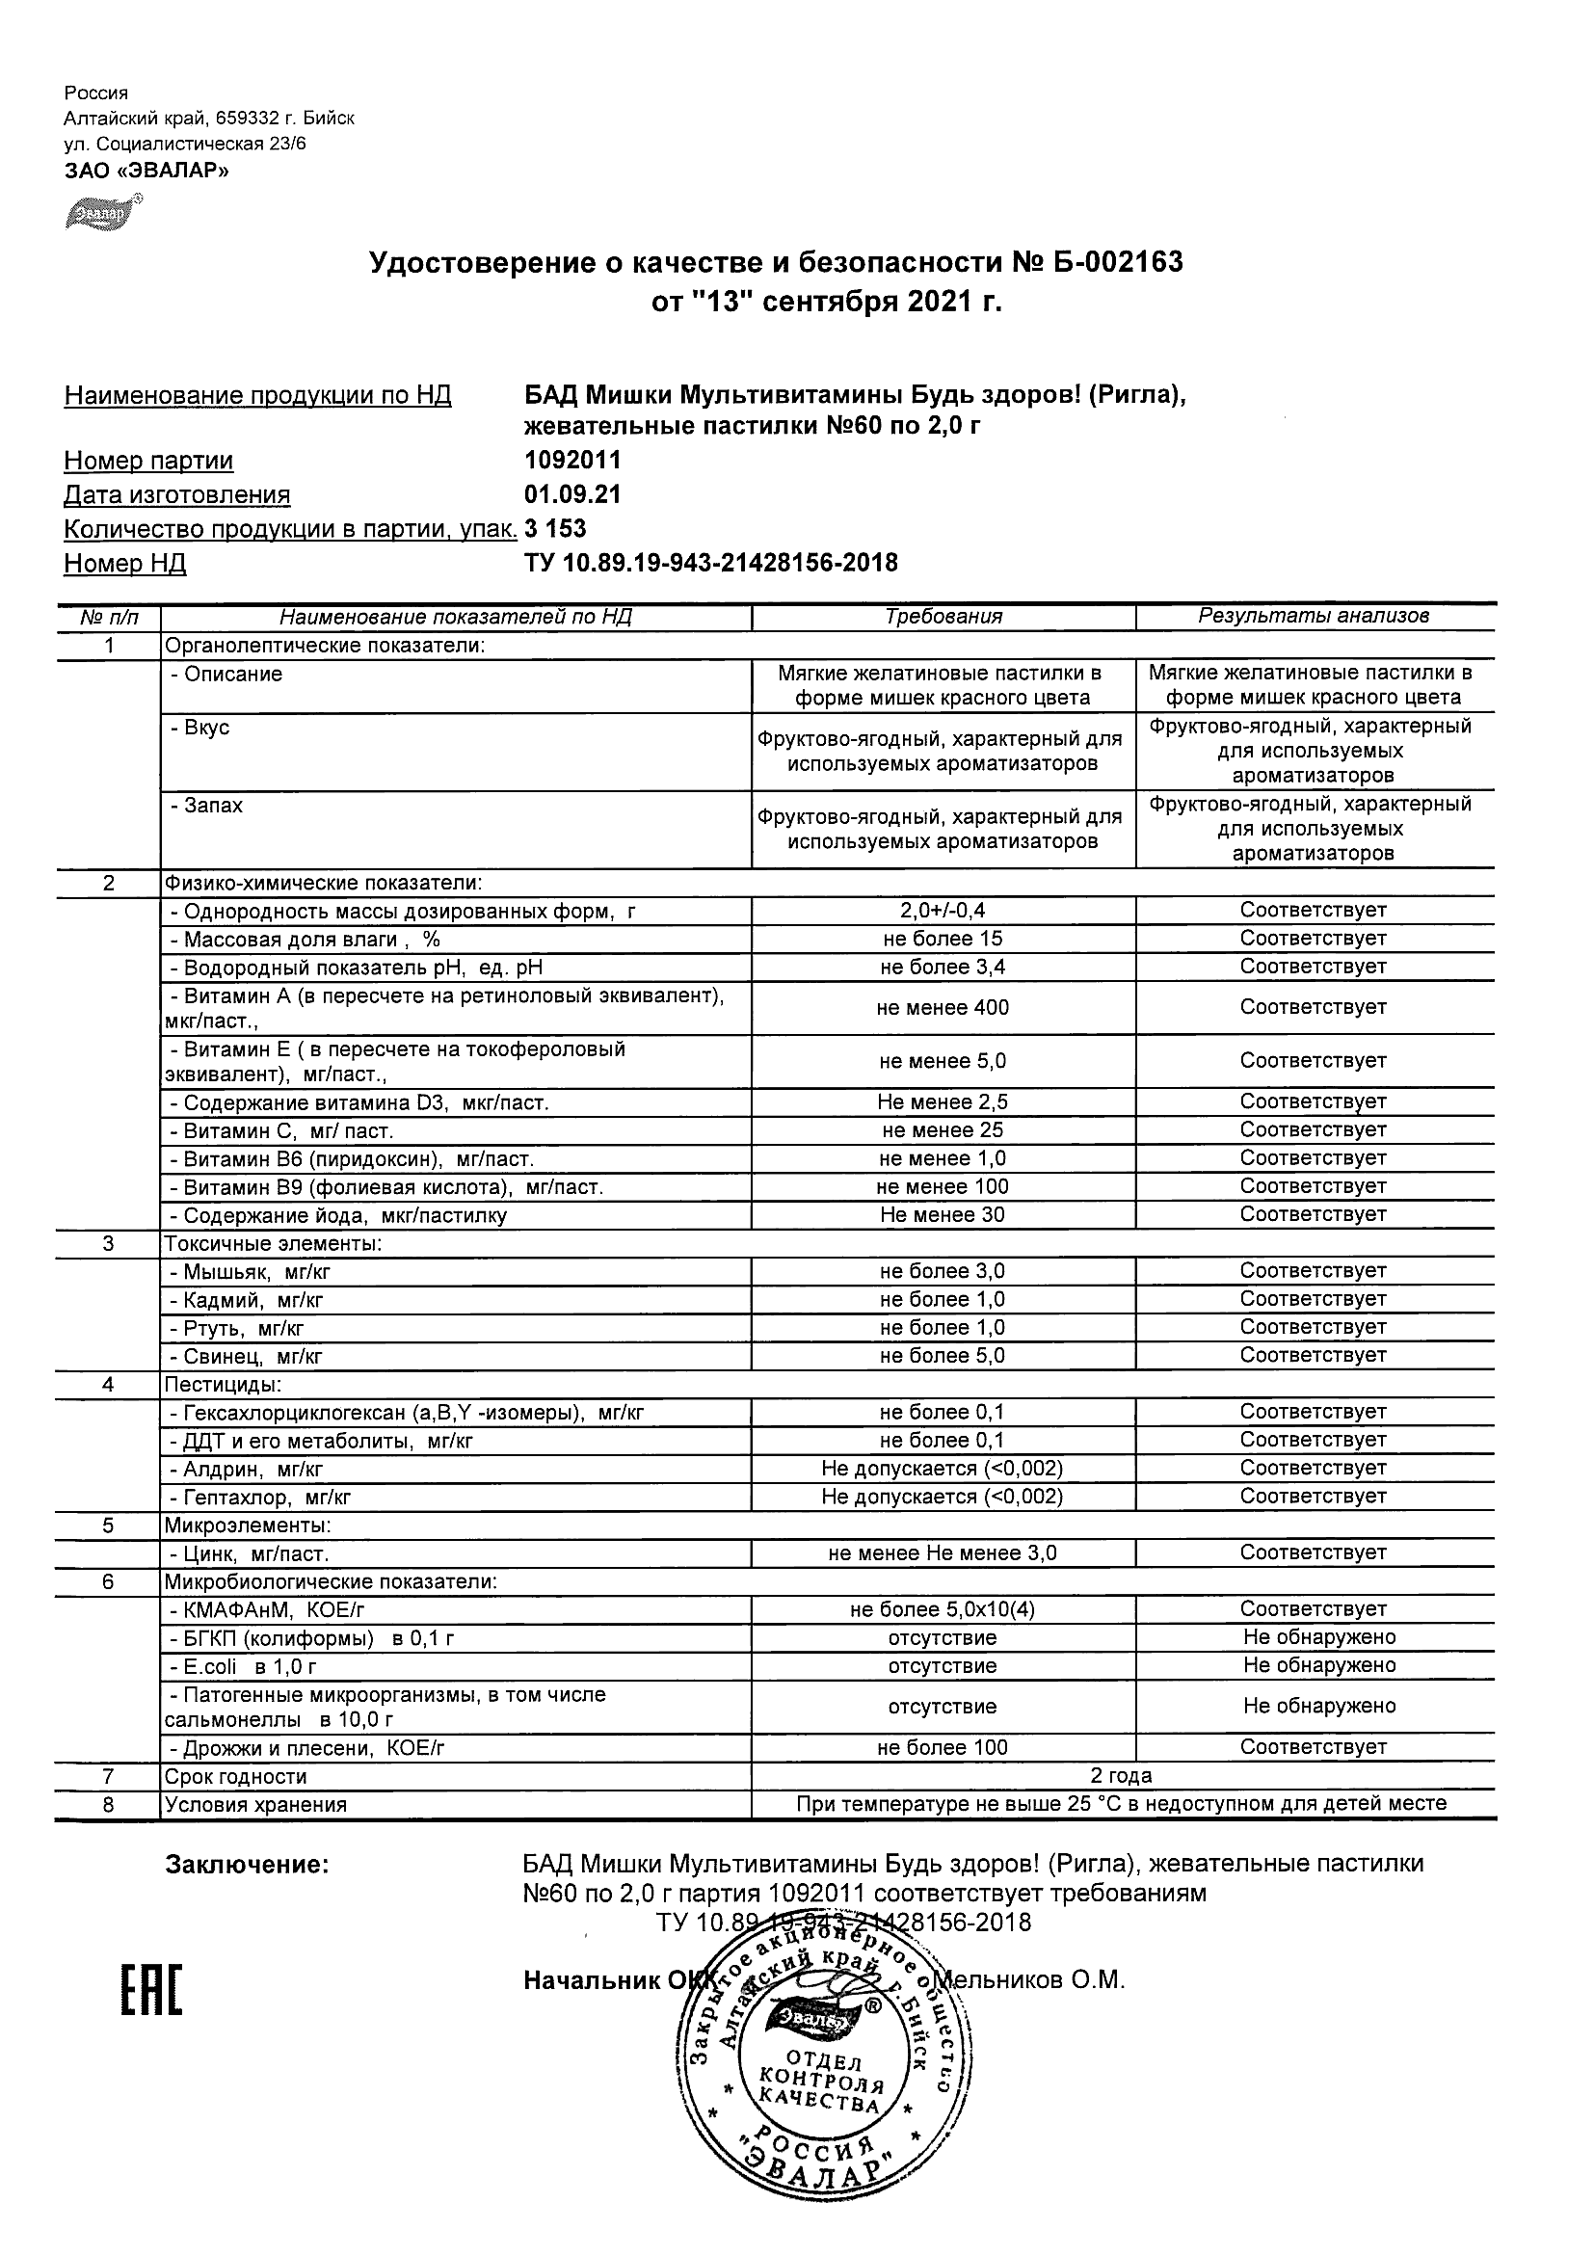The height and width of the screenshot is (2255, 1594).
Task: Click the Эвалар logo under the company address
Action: tap(103, 211)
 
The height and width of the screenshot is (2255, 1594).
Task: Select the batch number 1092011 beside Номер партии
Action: tap(572, 461)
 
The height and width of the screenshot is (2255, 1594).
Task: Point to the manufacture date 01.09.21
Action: tap(572, 495)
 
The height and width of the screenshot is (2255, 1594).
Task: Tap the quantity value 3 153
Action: tap(555, 529)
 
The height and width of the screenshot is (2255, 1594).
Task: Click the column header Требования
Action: tap(943, 617)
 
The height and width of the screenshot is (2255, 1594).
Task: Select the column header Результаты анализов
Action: tap(1314, 617)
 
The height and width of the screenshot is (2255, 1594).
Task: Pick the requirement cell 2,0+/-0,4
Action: tap(943, 911)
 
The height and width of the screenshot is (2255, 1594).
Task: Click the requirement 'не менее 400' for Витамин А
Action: tap(943, 1008)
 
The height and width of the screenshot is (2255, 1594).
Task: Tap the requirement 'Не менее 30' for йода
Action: tap(943, 1215)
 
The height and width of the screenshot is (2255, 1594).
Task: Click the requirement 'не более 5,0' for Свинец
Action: tap(943, 1356)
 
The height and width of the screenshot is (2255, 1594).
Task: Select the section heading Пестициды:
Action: tap(223, 1385)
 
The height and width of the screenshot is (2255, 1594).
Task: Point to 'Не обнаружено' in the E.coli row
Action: tap(1319, 1666)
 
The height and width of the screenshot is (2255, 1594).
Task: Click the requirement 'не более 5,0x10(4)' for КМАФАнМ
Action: tap(943, 1609)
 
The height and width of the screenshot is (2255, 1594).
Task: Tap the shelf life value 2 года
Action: tap(1121, 1776)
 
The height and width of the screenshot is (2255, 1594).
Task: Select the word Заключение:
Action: tap(247, 1864)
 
